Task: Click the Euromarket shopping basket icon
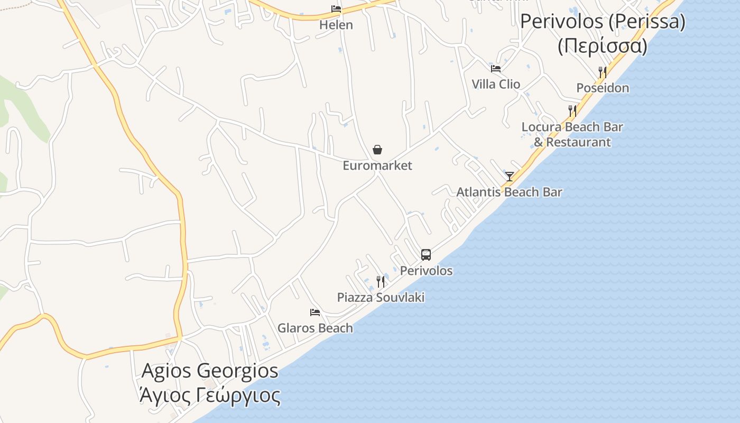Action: [x=377, y=150]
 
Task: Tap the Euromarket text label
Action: [x=377, y=165]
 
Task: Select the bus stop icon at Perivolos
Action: [x=426, y=255]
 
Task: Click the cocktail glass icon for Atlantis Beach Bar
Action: [x=510, y=177]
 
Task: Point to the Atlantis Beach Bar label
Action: [x=509, y=192]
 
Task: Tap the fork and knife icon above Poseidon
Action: [x=602, y=72]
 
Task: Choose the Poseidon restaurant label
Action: [x=603, y=88]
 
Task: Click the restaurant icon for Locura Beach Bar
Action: [x=572, y=111]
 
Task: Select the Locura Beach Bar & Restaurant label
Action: [x=572, y=134]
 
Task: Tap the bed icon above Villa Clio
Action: [x=496, y=68]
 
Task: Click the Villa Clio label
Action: [x=496, y=84]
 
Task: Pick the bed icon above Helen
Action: [x=336, y=9]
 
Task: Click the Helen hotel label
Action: [x=336, y=25]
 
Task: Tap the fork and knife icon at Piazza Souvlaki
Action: [x=380, y=281]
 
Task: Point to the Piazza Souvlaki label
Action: [x=381, y=297]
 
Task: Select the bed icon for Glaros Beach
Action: [x=315, y=312]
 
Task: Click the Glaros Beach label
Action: [x=315, y=328]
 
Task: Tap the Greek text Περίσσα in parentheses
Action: [x=603, y=46]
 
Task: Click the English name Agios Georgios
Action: [x=210, y=371]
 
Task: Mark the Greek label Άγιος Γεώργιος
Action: [x=210, y=394]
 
